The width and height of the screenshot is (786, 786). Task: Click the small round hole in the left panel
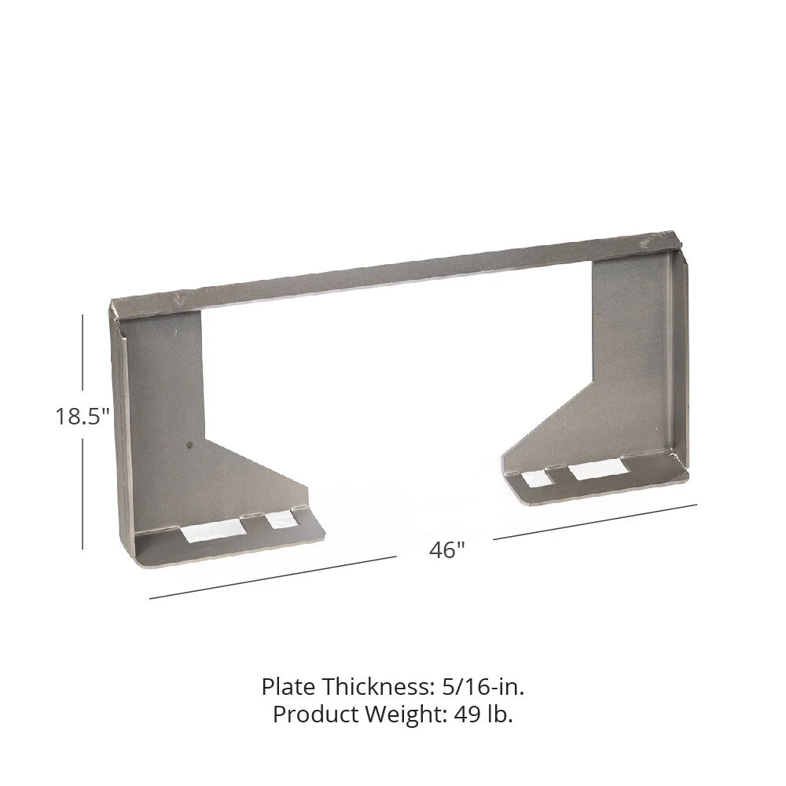189,446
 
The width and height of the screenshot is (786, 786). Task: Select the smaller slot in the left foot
279,520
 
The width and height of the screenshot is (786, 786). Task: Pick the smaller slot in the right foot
538,477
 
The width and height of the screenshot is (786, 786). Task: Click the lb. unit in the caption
498,714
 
